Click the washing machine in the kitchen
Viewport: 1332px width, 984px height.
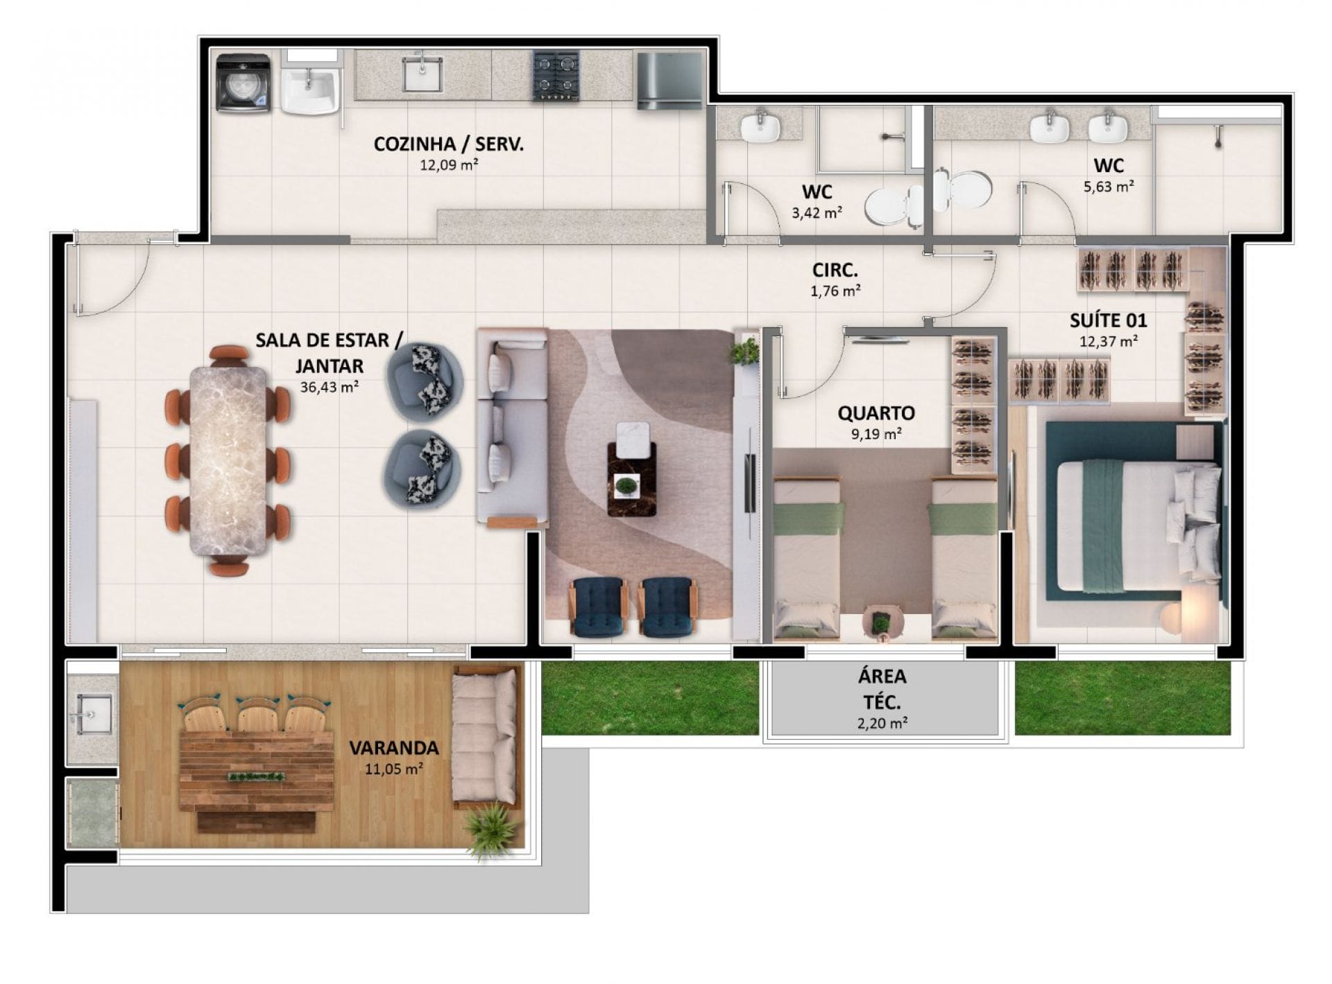click(243, 83)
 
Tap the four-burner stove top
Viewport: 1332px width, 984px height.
click(556, 76)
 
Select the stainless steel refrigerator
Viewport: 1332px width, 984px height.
click(669, 81)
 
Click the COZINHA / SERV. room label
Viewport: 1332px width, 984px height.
click(449, 144)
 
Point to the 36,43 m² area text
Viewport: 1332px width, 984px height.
click(329, 387)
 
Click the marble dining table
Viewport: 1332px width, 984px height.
click(228, 461)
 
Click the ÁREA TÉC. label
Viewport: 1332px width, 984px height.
click(882, 688)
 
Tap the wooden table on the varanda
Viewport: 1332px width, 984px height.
click(256, 771)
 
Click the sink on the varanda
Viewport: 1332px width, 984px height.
click(93, 713)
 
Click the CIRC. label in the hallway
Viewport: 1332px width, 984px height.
click(835, 269)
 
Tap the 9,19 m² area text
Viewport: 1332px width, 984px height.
click(876, 434)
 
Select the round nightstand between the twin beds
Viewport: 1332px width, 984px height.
click(880, 620)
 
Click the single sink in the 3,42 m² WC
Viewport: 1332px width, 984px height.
click(760, 127)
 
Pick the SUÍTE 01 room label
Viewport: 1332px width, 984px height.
click(1108, 321)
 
